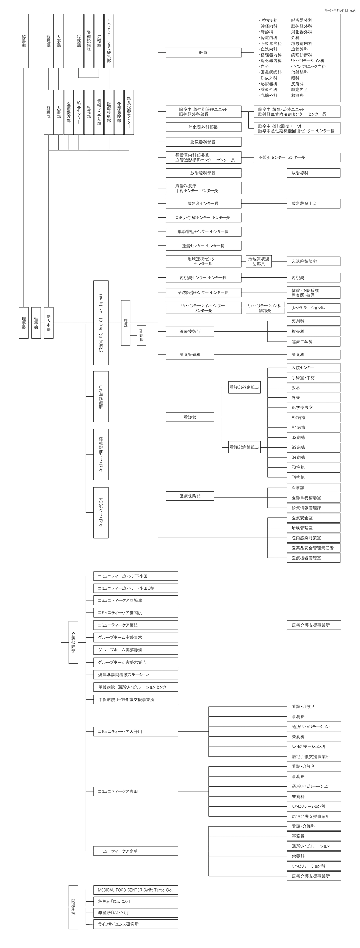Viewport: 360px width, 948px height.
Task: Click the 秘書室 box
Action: [24, 41]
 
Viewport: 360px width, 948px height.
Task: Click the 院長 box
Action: [126, 323]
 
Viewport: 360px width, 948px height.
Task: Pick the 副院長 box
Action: [141, 336]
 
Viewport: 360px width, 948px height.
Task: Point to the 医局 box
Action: [203, 53]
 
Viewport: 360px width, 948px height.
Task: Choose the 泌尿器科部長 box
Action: [203, 142]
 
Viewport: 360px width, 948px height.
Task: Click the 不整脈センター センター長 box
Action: [297, 157]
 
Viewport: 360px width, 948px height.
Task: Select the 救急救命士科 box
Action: [313, 204]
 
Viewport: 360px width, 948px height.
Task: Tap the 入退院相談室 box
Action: [313, 261]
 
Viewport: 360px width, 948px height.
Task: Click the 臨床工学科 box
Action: [313, 342]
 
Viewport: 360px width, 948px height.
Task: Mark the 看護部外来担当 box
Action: [244, 388]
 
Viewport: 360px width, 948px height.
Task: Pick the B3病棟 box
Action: [313, 448]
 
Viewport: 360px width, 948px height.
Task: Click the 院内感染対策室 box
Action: [313, 538]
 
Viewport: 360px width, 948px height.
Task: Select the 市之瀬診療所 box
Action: [101, 397]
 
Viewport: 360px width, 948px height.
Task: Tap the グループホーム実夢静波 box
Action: [136, 650]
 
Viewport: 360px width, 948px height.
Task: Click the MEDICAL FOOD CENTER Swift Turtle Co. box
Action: [136, 890]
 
